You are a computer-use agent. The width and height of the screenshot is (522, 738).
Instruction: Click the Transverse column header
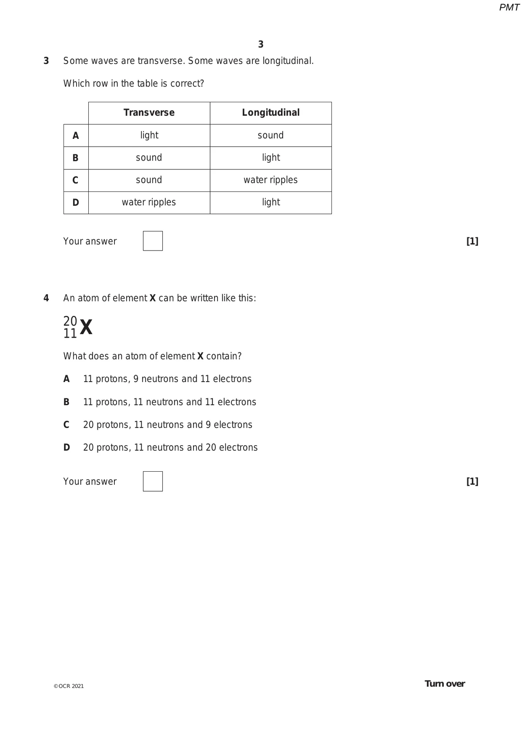[x=149, y=113]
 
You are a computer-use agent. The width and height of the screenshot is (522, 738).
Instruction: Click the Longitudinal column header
[x=271, y=113]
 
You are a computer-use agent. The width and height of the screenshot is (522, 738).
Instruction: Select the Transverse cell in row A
[x=149, y=135]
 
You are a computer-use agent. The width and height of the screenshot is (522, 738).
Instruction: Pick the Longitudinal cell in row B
[x=271, y=158]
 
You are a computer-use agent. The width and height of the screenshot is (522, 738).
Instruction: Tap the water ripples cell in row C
[x=271, y=180]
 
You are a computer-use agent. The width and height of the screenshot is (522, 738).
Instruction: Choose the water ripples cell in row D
[x=149, y=202]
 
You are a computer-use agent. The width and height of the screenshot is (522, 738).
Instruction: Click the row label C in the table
[x=76, y=180]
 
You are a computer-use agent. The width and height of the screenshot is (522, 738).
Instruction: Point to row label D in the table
[x=76, y=202]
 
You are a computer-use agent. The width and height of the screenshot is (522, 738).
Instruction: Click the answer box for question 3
[x=153, y=241]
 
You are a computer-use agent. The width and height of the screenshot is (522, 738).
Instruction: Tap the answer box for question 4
[x=153, y=481]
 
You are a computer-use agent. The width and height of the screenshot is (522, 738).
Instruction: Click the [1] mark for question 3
[x=472, y=241]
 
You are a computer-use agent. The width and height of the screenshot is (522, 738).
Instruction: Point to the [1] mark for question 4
[x=472, y=481]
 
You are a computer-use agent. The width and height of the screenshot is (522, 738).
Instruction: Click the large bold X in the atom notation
[x=86, y=327]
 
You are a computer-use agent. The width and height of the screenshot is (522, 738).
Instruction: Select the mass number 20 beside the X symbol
[x=70, y=321]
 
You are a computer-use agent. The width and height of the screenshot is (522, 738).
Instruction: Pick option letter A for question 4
[x=67, y=379]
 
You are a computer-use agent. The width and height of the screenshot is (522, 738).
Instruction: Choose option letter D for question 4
[x=67, y=447]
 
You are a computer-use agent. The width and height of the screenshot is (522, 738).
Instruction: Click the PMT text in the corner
[x=509, y=7]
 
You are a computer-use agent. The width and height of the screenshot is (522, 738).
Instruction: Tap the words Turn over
[x=445, y=684]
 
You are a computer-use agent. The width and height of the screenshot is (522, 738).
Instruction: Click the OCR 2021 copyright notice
[x=69, y=686]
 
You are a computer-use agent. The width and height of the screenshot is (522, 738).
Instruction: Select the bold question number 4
[x=46, y=298]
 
